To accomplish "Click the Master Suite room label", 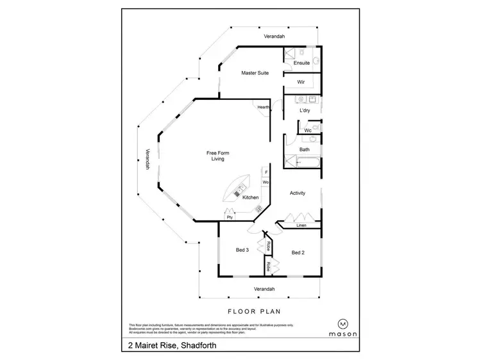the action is click(x=254, y=73).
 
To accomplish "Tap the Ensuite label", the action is click(x=301, y=63).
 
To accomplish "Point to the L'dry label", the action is click(x=305, y=111).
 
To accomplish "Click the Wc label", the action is click(x=307, y=131).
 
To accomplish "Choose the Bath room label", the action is click(x=305, y=150).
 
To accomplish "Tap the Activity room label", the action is click(x=297, y=193).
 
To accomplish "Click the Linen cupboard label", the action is click(x=301, y=225).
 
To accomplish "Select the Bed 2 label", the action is click(x=298, y=252).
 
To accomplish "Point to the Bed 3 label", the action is click(x=242, y=250).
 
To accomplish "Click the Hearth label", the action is click(x=264, y=108).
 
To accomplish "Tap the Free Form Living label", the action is click(x=218, y=156).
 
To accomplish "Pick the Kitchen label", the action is click(x=250, y=197).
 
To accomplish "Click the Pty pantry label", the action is click(x=229, y=217).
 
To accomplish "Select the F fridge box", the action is click(x=266, y=172).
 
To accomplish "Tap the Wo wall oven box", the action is click(x=266, y=183).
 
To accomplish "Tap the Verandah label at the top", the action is click(x=278, y=37).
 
